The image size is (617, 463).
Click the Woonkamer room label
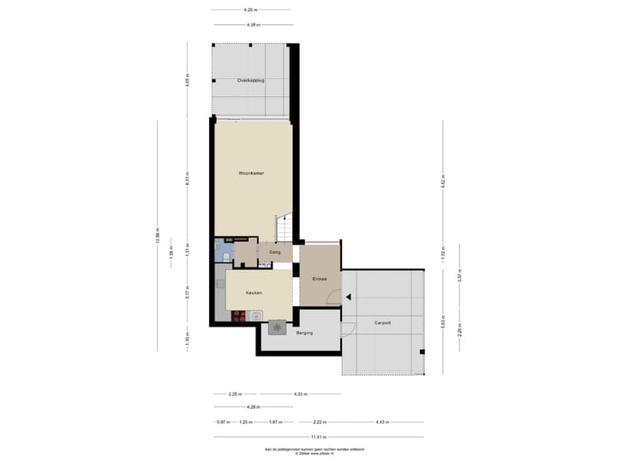coord(251,173)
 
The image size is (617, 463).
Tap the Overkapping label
coord(250,80)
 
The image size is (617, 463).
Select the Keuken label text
coord(253,293)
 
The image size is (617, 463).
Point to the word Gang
coord(275,253)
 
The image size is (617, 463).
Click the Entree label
coord(319,278)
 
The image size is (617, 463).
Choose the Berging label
coord(304,333)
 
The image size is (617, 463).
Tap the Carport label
coord(382,322)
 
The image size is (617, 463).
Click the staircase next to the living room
coord(285,228)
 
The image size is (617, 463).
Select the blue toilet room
coord(222,251)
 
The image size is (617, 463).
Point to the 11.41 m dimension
coord(317,437)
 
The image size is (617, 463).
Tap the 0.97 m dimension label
coord(222,423)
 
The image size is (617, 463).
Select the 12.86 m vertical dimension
coord(158,235)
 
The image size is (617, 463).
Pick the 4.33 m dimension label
coord(300,394)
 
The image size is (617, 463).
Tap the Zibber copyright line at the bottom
coord(316,453)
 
